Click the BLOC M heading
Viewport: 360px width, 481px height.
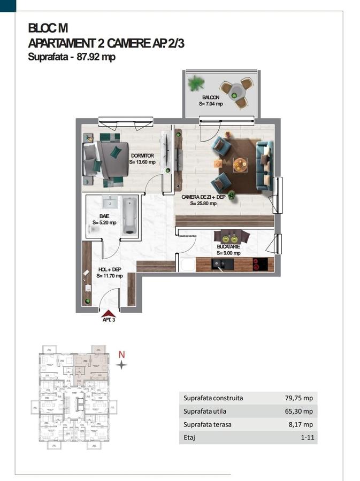click(48, 28)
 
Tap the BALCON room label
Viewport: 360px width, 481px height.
click(211, 97)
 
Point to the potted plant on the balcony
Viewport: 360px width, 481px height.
click(197, 83)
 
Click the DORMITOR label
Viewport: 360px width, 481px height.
click(142, 156)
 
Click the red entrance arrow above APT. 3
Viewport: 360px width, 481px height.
click(109, 313)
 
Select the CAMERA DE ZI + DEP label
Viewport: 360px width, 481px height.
click(202, 197)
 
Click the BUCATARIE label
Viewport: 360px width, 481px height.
click(228, 246)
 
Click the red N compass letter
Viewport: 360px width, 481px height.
click(121, 354)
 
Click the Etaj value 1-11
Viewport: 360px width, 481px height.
click(306, 438)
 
